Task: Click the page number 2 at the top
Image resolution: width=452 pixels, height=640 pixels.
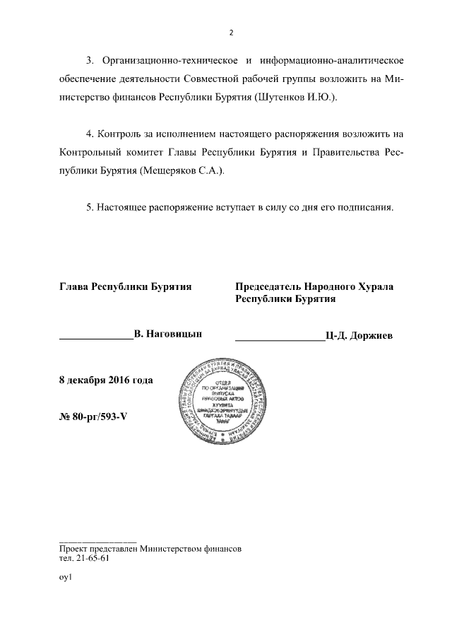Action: click(x=231, y=32)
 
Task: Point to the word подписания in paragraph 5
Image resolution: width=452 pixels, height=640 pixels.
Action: click(x=366, y=209)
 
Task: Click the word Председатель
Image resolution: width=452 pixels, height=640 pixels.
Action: click(x=268, y=286)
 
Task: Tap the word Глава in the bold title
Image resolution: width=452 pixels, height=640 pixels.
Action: click(x=74, y=286)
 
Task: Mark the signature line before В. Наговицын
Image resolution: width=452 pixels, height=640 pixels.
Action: click(x=96, y=337)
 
